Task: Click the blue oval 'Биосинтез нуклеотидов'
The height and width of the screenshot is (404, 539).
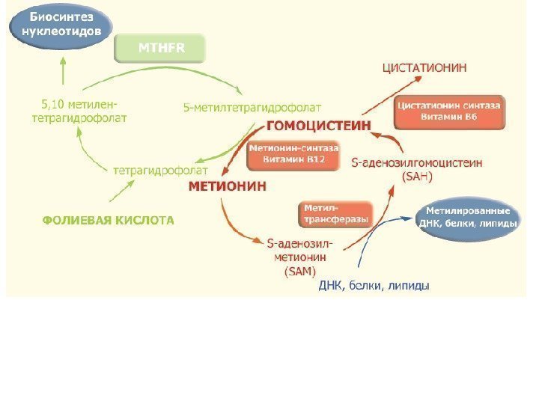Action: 61,27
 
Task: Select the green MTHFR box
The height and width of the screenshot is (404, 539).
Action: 159,49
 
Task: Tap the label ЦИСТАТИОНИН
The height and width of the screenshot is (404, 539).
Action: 424,67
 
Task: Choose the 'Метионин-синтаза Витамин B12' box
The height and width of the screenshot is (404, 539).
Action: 287,155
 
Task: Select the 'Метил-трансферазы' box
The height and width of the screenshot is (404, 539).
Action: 335,213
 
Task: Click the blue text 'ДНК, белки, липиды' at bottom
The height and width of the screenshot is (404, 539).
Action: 374,286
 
